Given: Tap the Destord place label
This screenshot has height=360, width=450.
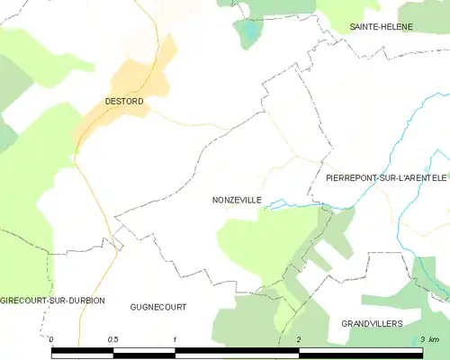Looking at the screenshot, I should tap(123, 102).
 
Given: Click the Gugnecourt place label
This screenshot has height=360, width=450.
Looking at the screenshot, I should tap(158, 307).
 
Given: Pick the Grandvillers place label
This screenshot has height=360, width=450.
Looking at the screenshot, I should tap(372, 322).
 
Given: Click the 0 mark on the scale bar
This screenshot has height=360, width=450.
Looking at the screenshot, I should tap(52, 339).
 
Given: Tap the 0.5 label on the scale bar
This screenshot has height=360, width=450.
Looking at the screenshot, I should tap(113, 339).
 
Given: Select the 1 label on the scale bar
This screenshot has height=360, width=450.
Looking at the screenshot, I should tap(175, 339).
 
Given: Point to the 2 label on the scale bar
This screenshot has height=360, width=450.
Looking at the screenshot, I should tap(298, 339).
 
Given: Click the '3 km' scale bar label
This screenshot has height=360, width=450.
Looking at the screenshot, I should tap(428, 339).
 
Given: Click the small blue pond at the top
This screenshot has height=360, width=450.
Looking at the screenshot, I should tap(246, 34).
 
